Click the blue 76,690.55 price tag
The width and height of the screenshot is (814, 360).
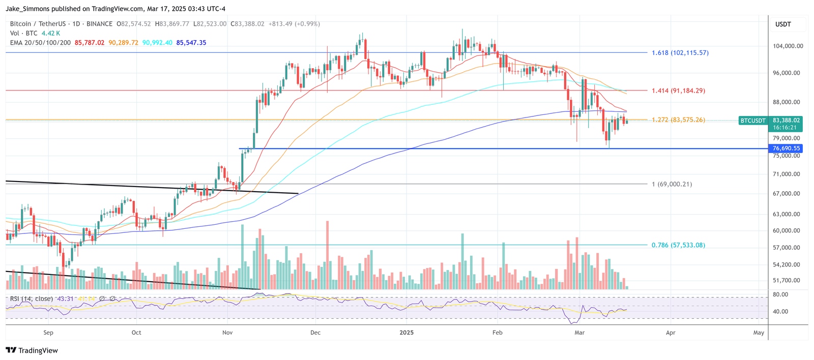(x=786, y=148)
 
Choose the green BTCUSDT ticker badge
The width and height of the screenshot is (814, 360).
(x=752, y=121)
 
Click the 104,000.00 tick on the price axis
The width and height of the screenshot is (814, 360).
(x=788, y=46)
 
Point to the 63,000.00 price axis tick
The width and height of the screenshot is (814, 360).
(x=786, y=214)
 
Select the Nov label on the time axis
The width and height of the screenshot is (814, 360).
(x=227, y=333)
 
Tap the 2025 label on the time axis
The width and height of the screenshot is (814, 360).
(x=406, y=333)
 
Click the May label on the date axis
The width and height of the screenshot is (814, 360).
(x=759, y=333)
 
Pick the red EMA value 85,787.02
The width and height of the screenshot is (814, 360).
(x=90, y=43)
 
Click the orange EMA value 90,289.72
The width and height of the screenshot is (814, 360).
(x=123, y=43)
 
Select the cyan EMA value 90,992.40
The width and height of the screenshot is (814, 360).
(x=157, y=43)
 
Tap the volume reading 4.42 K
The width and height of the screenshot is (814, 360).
(x=51, y=33)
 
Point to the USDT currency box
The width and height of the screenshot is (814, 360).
(x=783, y=24)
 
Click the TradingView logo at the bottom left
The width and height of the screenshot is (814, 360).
(x=32, y=350)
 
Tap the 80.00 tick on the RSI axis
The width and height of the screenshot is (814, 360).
(x=780, y=294)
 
